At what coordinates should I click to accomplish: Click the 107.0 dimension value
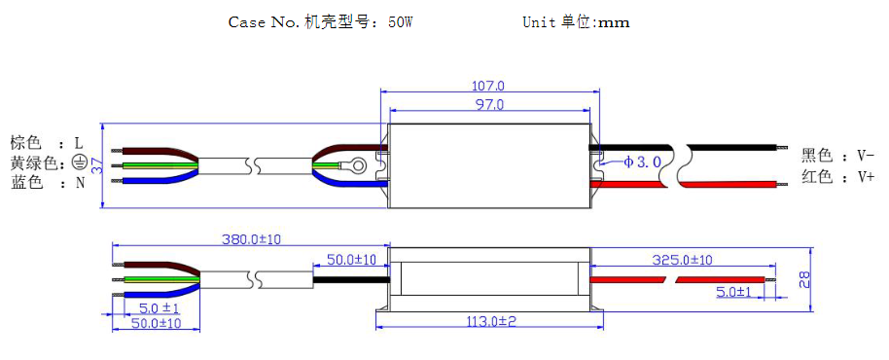coord(487,87)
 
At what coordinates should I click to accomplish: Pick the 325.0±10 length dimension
coord(681,260)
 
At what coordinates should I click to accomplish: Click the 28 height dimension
coord(804,279)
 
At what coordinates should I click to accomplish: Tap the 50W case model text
coord(400,22)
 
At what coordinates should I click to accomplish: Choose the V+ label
coord(865,177)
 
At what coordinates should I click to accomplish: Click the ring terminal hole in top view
coord(359,165)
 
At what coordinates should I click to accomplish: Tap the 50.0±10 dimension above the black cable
coord(351,260)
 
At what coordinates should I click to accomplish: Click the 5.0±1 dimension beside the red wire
coord(733,292)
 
